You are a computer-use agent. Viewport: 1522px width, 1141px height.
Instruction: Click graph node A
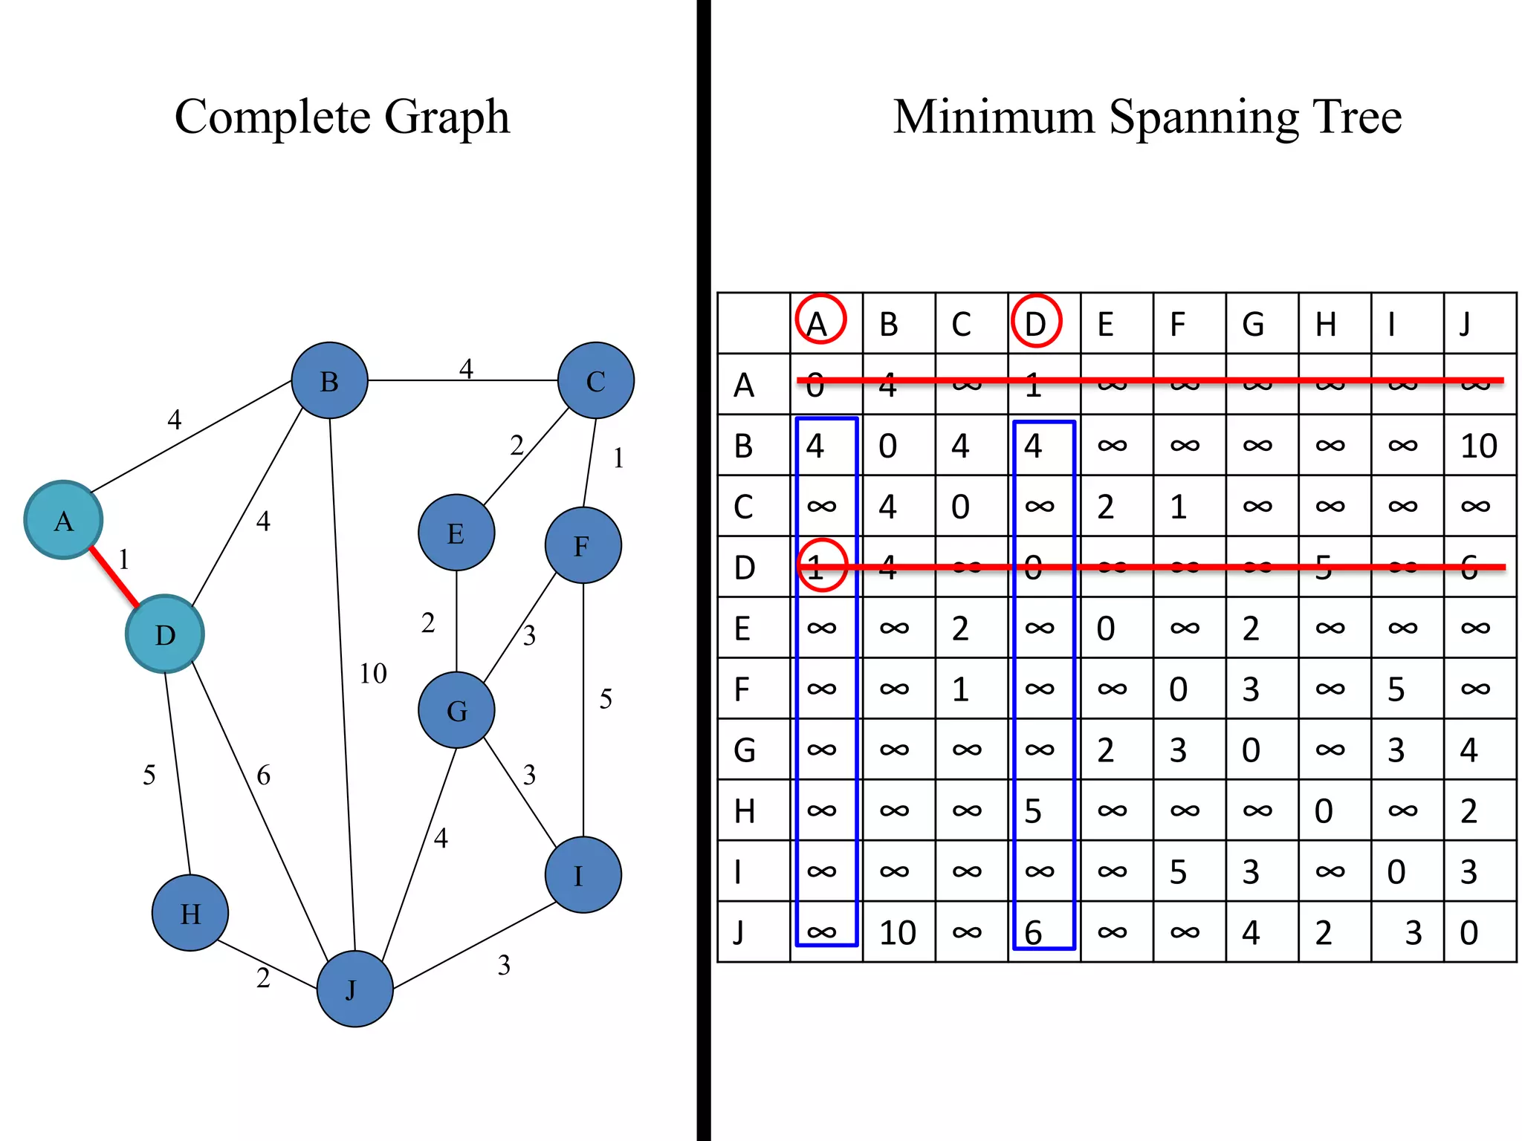(63, 520)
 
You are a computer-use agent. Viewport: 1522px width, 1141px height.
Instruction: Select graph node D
(164, 634)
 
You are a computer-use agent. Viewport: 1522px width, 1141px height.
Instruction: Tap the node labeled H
(190, 913)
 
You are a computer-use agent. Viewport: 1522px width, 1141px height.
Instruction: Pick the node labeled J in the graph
(354, 989)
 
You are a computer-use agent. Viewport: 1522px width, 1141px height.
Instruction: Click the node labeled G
(456, 710)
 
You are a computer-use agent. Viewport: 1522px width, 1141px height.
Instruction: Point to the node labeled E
(456, 533)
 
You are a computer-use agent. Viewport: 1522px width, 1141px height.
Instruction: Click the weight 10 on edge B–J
(373, 674)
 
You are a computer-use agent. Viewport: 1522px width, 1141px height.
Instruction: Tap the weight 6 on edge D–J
(263, 776)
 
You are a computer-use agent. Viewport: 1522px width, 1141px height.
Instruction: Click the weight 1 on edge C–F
(618, 458)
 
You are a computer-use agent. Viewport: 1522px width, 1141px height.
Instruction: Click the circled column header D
(1036, 322)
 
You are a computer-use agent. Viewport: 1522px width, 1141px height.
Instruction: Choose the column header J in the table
(1465, 324)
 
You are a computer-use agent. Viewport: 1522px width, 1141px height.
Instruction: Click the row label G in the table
(745, 750)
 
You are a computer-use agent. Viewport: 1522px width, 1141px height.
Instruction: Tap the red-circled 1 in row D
(821, 566)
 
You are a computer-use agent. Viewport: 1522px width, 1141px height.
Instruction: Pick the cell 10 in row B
(1478, 446)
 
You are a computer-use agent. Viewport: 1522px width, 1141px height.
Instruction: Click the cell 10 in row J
(897, 932)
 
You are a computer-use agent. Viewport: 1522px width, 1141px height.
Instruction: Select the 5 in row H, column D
(1033, 811)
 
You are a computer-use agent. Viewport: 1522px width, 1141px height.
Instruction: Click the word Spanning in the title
(1204, 117)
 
